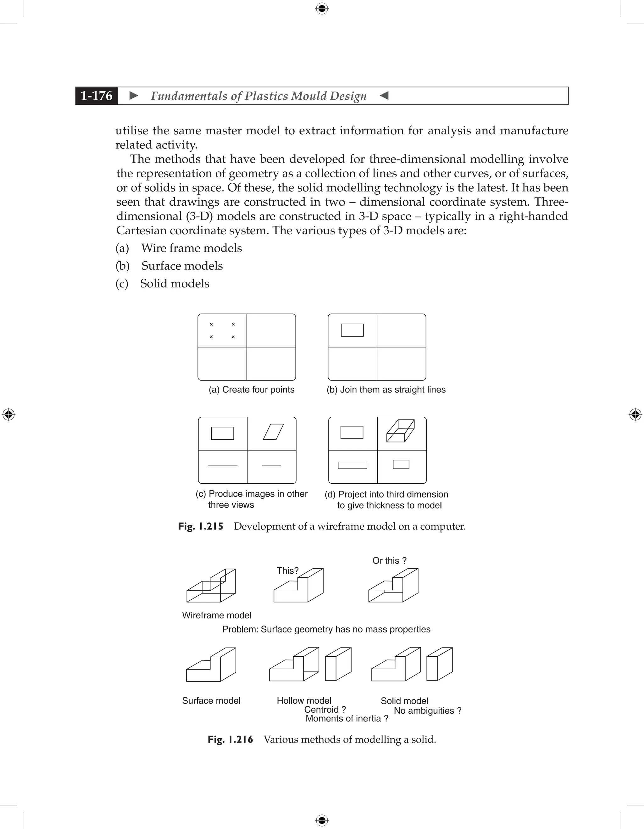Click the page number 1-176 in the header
click(97, 96)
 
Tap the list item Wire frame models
click(191, 248)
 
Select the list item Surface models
click(182, 266)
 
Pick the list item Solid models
click(175, 284)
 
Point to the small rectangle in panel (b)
click(352, 330)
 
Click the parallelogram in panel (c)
click(274, 432)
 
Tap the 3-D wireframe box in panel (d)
click(400, 431)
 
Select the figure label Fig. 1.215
click(201, 526)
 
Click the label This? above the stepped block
click(288, 570)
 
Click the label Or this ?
click(389, 561)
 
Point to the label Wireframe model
click(217, 615)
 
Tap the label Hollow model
click(304, 701)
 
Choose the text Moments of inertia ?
click(347, 719)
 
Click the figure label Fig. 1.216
click(230, 739)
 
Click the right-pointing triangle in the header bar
click(133, 96)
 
